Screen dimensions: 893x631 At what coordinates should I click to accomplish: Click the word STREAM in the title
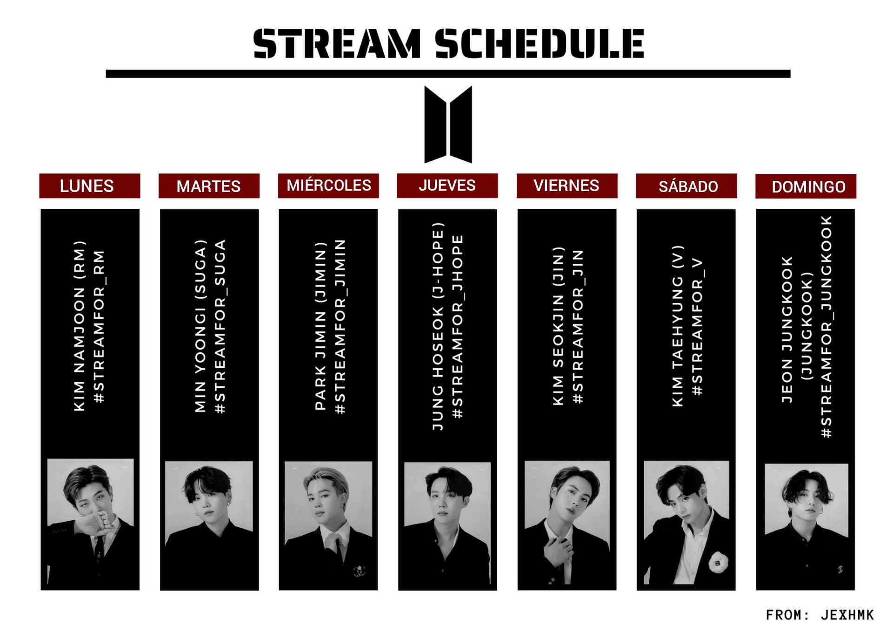pos(337,43)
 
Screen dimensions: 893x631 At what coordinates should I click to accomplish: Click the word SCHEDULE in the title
pos(540,43)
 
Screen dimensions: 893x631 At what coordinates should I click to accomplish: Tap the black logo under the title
pos(448,124)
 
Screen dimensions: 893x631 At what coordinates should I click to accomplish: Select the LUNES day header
pos(90,186)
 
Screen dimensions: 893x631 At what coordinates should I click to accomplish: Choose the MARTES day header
pos(209,186)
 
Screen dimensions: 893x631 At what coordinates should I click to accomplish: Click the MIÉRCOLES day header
pos(328,186)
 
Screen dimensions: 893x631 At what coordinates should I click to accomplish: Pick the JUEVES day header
pos(447,186)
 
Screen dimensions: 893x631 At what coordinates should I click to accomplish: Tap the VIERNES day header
pos(567,186)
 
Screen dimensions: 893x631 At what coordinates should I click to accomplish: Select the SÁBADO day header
pos(686,186)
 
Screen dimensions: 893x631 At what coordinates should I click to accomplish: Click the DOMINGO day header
pos(806,186)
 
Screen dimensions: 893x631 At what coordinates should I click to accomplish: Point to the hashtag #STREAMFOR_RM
pos(99,326)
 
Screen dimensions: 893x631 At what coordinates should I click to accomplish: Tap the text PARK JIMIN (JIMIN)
pos(320,326)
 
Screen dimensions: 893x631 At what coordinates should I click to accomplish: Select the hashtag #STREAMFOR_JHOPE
pos(458,326)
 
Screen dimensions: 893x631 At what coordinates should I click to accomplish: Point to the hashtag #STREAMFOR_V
pos(697,326)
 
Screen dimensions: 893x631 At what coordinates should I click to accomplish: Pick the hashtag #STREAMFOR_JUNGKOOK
pos(826,326)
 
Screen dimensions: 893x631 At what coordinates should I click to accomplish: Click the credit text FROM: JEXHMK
pos(820,615)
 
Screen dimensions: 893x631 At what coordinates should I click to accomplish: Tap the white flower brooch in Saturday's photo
pos(718,561)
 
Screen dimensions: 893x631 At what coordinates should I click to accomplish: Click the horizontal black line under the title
pos(448,74)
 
